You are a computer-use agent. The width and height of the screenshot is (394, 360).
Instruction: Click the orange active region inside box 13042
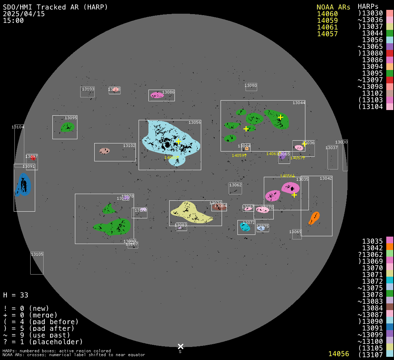coord(314,218)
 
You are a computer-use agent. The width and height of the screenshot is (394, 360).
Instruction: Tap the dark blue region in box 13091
coord(23,185)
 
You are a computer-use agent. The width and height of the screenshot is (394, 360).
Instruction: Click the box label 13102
coord(129,146)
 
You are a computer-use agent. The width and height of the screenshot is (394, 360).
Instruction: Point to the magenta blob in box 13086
coord(157,95)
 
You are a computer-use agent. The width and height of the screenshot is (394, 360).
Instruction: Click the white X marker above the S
coord(180,346)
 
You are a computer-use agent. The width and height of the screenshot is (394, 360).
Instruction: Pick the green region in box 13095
coord(67,127)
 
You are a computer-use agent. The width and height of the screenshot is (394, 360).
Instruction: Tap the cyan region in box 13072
coord(245,227)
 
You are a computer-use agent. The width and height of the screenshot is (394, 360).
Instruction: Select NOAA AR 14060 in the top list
coord(327,14)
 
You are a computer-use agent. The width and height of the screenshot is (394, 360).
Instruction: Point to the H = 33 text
coord(15,295)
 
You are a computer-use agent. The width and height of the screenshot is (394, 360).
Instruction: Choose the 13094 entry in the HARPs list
coord(372,66)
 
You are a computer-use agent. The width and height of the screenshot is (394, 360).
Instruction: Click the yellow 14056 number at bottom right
coord(338,354)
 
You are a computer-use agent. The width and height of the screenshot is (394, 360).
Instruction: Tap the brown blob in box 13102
coord(104,151)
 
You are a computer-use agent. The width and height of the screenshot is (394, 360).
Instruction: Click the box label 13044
coord(299,103)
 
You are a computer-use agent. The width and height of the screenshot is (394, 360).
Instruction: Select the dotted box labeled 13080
coord(251,87)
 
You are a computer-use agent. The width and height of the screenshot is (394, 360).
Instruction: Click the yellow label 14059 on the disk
coord(238,155)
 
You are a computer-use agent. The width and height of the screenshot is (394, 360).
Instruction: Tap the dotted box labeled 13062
coord(235,188)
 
